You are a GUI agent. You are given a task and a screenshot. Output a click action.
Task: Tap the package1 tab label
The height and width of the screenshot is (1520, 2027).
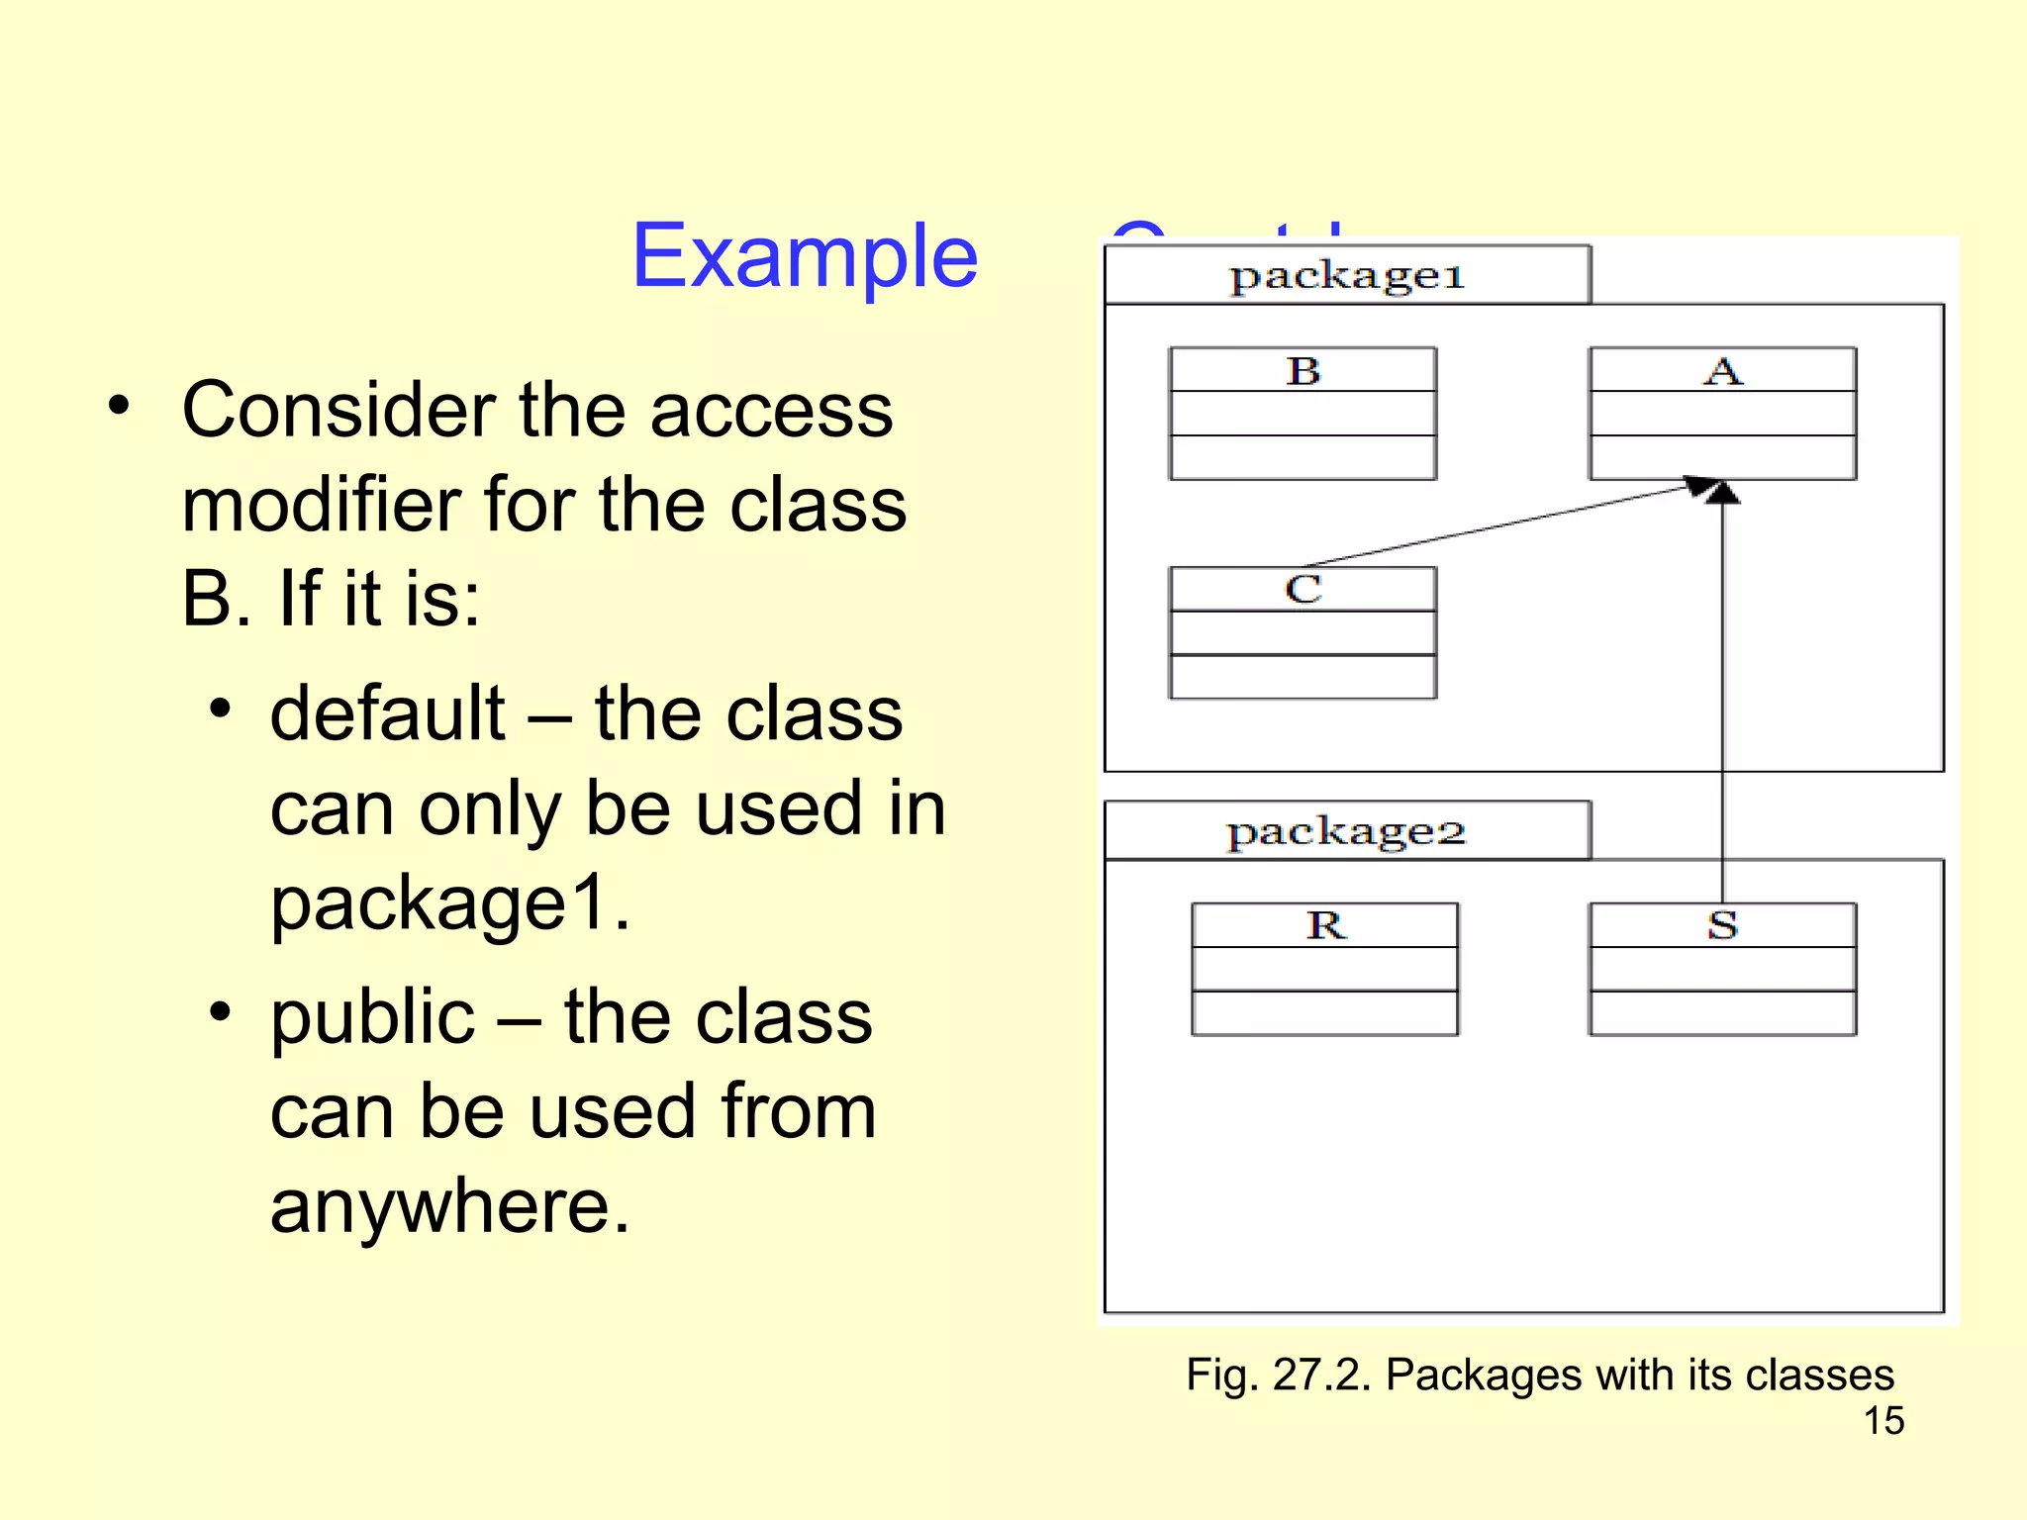click(1346, 276)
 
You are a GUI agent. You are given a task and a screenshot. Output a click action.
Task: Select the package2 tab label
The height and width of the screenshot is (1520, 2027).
click(1346, 832)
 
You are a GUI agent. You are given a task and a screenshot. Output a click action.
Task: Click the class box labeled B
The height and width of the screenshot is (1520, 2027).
click(1303, 414)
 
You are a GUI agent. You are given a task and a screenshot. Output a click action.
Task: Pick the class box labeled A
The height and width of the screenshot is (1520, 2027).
click(1722, 414)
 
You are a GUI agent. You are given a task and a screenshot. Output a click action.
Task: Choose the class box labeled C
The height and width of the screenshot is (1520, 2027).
click(1303, 633)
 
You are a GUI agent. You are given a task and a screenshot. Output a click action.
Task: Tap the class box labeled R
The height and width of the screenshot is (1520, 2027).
click(1324, 969)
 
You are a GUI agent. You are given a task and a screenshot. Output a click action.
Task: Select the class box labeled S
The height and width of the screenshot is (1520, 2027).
click(1722, 969)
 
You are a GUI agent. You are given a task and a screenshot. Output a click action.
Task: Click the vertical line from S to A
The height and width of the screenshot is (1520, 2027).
click(1722, 693)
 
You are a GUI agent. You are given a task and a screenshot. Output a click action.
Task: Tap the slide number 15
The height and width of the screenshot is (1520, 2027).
click(1883, 1421)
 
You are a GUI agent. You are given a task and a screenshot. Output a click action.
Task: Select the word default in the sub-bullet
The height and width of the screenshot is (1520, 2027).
click(387, 713)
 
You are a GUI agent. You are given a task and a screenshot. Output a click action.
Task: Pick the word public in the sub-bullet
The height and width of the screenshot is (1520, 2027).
click(372, 1017)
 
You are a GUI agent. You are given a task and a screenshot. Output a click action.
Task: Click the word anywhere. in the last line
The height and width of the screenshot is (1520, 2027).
click(449, 1206)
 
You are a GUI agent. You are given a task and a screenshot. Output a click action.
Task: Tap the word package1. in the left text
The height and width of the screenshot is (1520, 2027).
click(449, 903)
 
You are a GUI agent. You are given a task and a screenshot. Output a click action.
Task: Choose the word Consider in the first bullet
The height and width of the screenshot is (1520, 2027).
click(339, 410)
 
